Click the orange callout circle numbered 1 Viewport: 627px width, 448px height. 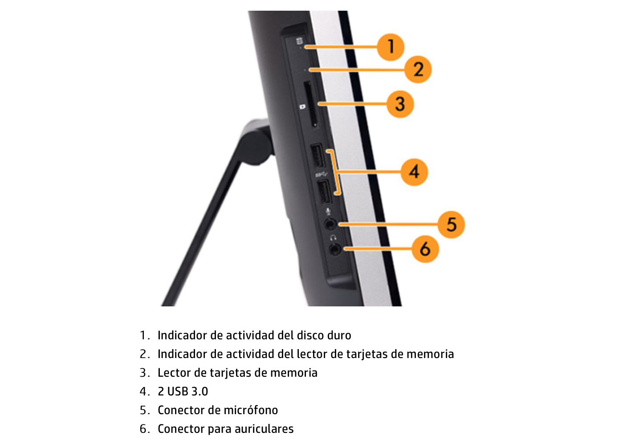[x=391, y=46]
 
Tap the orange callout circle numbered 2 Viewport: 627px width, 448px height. [x=418, y=69]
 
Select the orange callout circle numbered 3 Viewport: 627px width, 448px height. [x=400, y=104]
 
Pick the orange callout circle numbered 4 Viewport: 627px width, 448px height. [x=414, y=172]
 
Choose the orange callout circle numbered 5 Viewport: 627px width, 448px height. [x=451, y=224]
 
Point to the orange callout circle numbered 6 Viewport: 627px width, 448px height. [x=425, y=249]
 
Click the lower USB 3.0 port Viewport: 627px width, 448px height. [x=324, y=192]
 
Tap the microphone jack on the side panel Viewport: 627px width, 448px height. [x=330, y=223]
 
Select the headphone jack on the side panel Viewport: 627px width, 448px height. [x=335, y=249]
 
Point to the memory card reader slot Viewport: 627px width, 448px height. [x=311, y=104]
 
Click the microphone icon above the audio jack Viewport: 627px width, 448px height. [x=328, y=212]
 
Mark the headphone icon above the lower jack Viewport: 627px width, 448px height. [x=333, y=238]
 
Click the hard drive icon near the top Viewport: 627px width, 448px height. [x=299, y=42]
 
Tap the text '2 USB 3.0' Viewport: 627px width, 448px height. [x=183, y=391]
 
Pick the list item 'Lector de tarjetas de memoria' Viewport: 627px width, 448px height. [x=237, y=373]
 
